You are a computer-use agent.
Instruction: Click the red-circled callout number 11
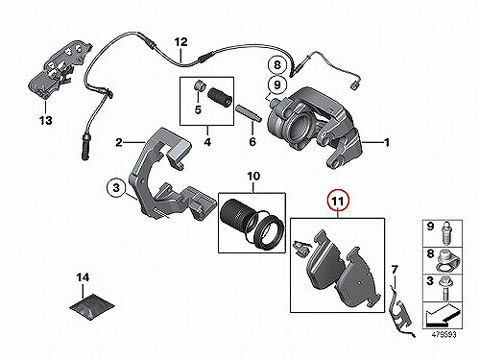[x=338, y=202]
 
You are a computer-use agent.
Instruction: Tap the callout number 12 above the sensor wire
[x=180, y=42]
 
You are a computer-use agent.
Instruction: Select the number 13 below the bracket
[x=45, y=121]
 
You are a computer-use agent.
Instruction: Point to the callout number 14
[x=83, y=277]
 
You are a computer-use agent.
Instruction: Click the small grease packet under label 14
[x=92, y=306]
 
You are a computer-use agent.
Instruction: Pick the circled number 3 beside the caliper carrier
[x=116, y=187]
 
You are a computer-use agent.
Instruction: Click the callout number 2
[x=119, y=142]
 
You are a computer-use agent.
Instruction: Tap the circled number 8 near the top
[x=277, y=65]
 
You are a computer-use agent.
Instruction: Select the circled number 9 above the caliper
[x=277, y=84]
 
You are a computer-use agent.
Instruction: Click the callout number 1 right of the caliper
[x=387, y=142]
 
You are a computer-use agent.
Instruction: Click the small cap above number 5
[x=199, y=85]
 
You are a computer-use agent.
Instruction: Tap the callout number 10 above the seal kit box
[x=253, y=176]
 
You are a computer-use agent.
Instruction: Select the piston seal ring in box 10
[x=267, y=232]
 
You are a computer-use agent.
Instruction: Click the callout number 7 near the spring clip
[x=395, y=270]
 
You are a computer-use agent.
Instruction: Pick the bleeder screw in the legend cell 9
[x=445, y=232]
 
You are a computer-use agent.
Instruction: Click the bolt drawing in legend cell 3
[x=445, y=289]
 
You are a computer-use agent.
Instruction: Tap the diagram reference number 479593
[x=444, y=335]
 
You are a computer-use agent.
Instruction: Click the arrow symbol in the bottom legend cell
[x=443, y=315]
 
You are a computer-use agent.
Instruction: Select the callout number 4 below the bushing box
[x=207, y=141]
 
